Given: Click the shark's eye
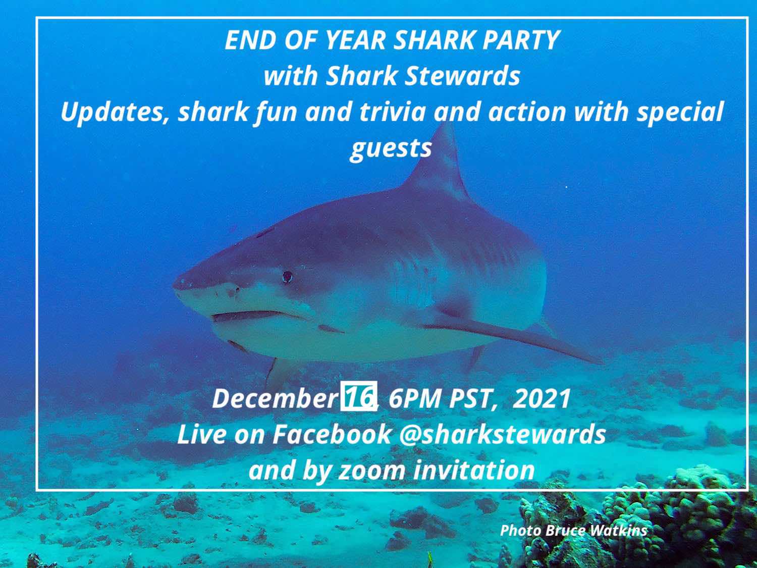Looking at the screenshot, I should click(287, 276).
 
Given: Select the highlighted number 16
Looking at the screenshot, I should click(359, 397).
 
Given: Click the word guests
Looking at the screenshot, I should click(391, 148).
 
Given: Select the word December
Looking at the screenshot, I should click(275, 398).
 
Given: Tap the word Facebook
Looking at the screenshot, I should click(332, 434).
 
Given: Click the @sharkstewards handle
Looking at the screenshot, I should click(502, 434).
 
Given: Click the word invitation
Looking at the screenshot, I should click(474, 471).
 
